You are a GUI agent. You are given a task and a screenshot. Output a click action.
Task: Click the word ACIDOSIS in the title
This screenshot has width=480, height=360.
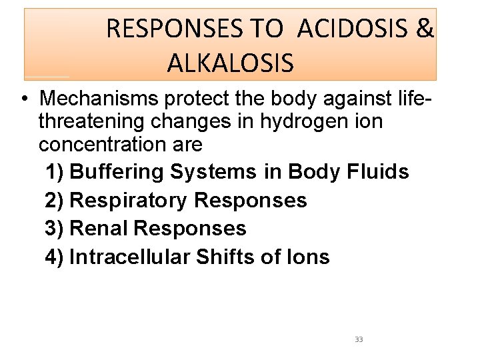[353, 29]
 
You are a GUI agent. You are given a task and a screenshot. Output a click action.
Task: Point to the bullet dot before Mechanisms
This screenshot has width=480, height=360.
[23, 100]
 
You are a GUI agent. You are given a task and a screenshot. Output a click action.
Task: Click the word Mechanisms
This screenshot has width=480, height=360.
[99, 99]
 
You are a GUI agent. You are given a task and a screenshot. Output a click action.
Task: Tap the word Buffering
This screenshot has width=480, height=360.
[117, 172]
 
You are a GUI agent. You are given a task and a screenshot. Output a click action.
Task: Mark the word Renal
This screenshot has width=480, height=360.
[99, 228]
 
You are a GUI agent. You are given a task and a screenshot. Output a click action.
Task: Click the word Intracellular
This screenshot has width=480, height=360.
[129, 257]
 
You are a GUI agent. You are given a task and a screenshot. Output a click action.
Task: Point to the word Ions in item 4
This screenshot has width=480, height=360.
[309, 257]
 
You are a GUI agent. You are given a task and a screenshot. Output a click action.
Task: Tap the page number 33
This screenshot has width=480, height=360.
[359, 339]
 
